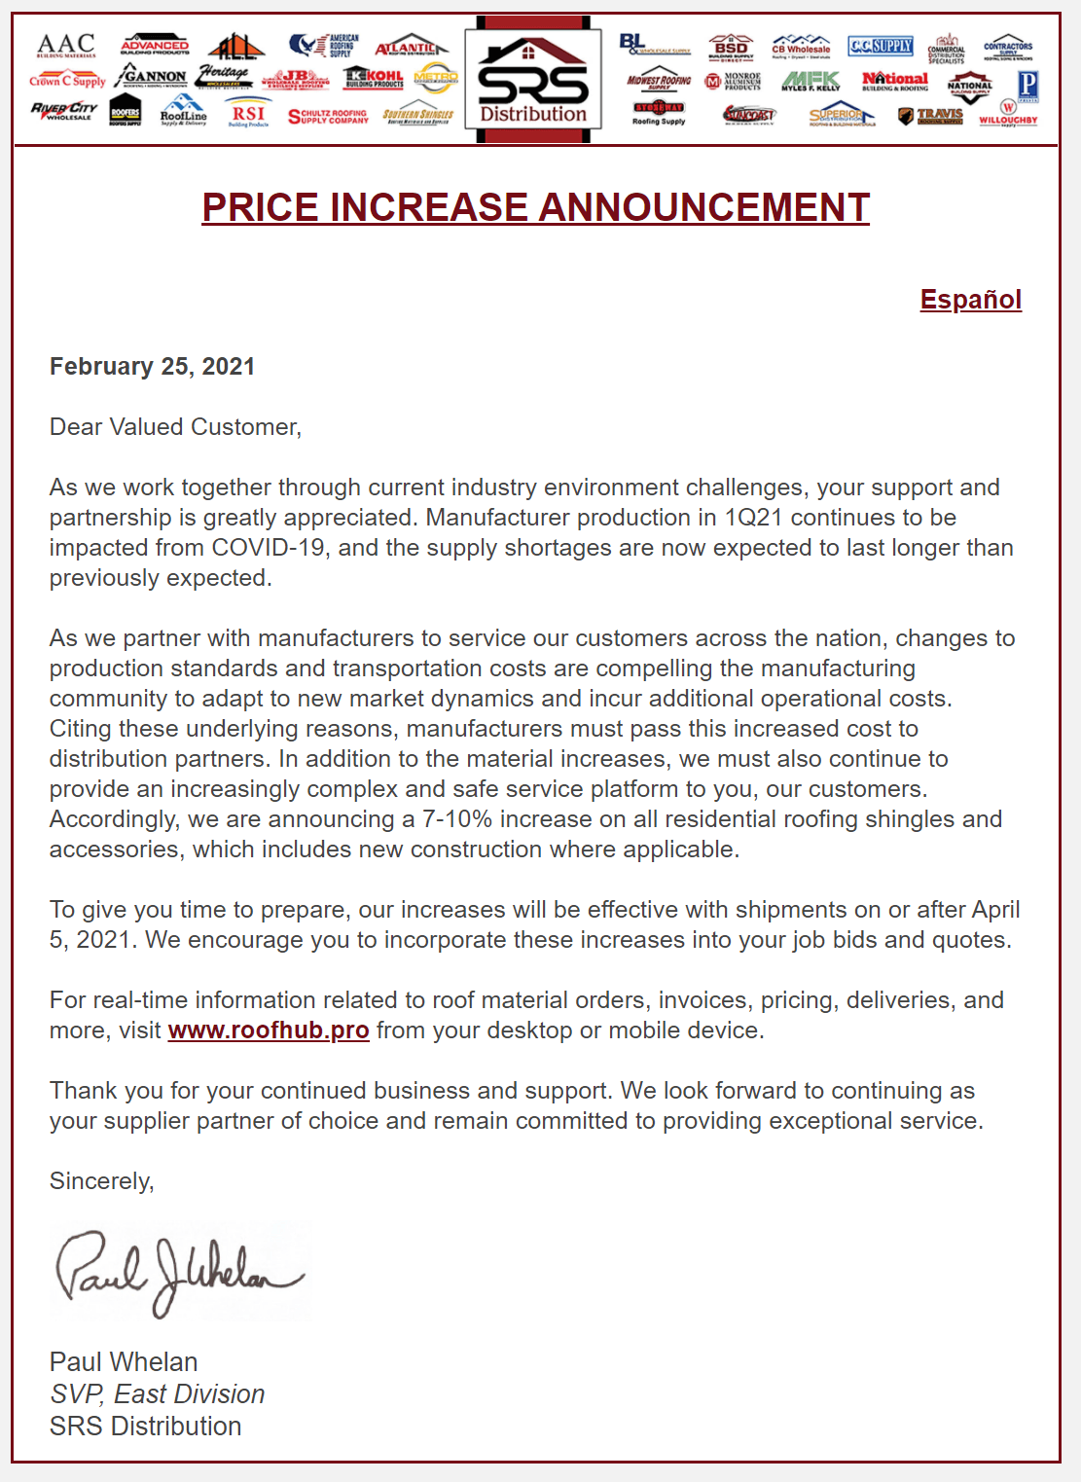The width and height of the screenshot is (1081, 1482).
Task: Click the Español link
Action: pos(970,300)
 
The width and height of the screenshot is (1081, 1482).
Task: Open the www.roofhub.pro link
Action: pos(268,1030)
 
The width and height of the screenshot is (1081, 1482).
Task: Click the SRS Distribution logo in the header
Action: pos(533,83)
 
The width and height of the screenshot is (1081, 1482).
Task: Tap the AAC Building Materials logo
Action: pos(66,45)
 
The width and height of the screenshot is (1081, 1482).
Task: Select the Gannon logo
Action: pos(151,75)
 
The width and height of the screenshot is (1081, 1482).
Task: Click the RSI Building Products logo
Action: pos(248,115)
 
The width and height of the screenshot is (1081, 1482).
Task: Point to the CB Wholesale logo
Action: pos(801,46)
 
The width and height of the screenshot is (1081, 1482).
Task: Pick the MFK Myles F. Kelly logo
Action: pos(811,81)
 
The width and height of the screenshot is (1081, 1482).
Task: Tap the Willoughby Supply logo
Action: pos(1008,114)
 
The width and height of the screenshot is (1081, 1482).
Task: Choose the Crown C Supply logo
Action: pos(66,80)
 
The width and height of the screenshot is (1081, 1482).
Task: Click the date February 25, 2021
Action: pos(152,367)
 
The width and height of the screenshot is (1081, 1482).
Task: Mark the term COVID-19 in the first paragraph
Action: pos(269,548)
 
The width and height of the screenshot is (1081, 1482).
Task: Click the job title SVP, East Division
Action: pos(157,1394)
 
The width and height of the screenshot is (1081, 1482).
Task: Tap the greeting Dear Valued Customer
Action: pos(175,427)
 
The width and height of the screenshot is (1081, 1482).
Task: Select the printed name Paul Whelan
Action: pos(124,1362)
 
